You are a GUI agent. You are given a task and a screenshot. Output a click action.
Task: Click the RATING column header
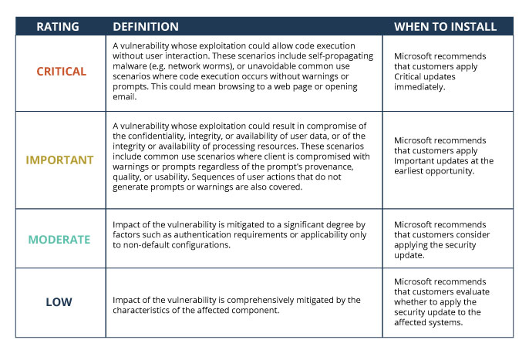coord(58,27)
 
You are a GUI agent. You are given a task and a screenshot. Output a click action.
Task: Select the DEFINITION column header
coord(146,27)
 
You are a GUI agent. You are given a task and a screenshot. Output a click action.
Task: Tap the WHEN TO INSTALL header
coord(446,27)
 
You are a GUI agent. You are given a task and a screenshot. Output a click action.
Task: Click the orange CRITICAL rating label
coord(62,71)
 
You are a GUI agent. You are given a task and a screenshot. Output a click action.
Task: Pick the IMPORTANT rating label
coord(59,160)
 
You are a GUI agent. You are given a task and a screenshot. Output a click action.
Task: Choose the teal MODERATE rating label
coord(59,240)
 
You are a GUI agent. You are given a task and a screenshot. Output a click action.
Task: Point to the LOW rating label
coord(59,302)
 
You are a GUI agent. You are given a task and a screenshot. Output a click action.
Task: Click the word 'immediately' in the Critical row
coord(419,87)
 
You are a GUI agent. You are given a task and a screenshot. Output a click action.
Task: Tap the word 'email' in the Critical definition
coord(124,97)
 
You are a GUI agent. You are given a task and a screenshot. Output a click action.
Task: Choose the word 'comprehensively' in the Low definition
coord(264,301)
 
